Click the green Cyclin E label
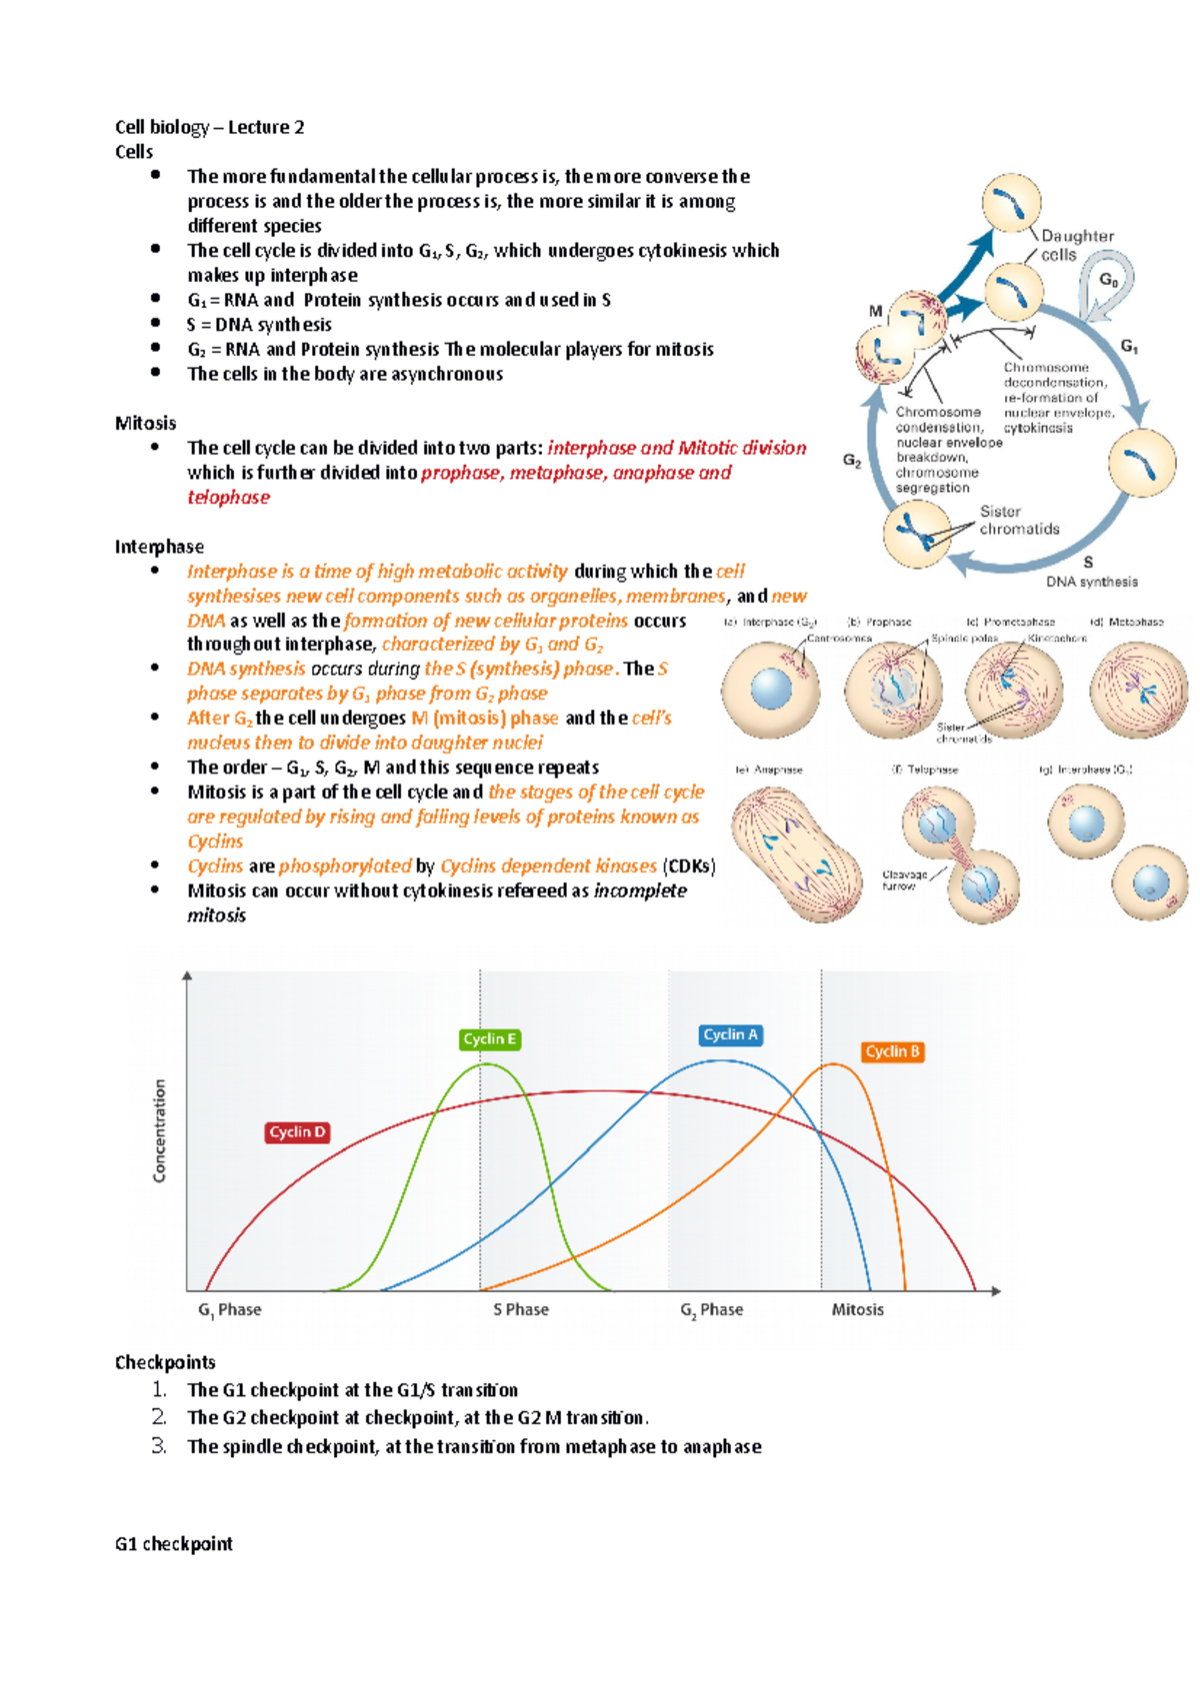pos(490,1039)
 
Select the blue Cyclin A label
pos(731,1035)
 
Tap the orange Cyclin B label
pos(893,1051)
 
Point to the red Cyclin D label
pos(297,1132)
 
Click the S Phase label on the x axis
pos(520,1309)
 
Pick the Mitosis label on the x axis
pos(857,1309)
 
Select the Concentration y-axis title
pos(160,1130)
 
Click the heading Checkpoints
pos(165,1362)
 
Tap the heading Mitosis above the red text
pos(145,423)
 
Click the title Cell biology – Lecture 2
pos(209,127)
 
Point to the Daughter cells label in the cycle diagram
pos(1076,245)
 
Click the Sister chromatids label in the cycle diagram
pos(1019,520)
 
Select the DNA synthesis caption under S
pos(1091,582)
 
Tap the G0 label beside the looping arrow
pos(1109,281)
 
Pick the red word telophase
pos(228,498)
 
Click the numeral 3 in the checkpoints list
pos(158,1445)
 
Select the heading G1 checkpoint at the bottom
pos(173,1544)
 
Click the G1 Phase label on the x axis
pos(229,1309)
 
